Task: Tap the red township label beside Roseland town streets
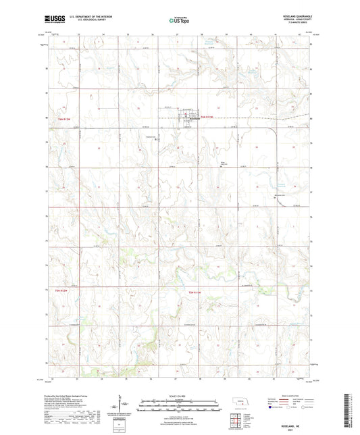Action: [207, 119]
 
